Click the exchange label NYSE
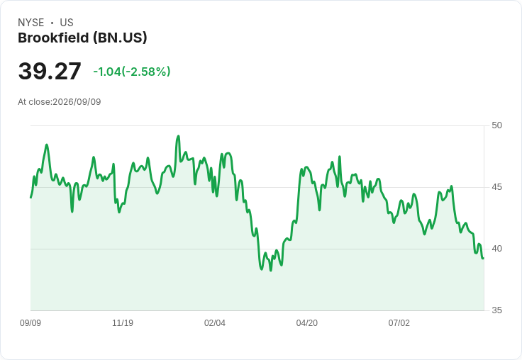[x=31, y=23]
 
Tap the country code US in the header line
[x=67, y=23]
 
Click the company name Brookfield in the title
[x=53, y=38]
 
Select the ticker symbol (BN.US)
[x=120, y=38]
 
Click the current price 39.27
[x=50, y=71]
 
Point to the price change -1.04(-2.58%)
[x=132, y=72]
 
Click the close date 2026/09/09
[x=77, y=102]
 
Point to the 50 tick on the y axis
[x=496, y=125]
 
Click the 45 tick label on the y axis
[x=496, y=187]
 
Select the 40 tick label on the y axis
[x=496, y=249]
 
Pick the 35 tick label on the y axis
[x=496, y=310]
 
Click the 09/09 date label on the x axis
[x=30, y=323]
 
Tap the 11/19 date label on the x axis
[x=123, y=323]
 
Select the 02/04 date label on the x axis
[x=215, y=323]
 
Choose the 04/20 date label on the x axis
[x=307, y=323]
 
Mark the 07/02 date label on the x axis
[x=399, y=323]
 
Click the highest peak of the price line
[x=179, y=136]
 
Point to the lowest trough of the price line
[x=271, y=271]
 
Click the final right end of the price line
[x=484, y=258]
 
